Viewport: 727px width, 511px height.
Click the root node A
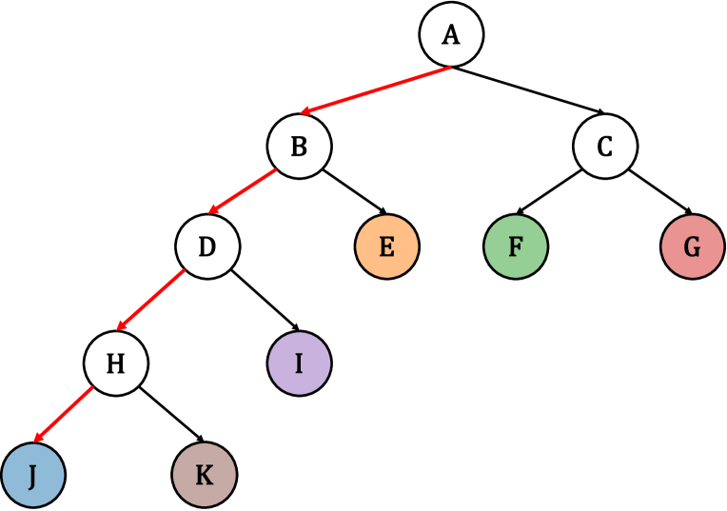pyautogui.click(x=452, y=35)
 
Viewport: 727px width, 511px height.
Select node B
pyautogui.click(x=299, y=147)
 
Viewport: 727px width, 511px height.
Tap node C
pyautogui.click(x=605, y=147)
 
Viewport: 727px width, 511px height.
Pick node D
pyautogui.click(x=207, y=246)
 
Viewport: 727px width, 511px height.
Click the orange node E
pyautogui.click(x=386, y=246)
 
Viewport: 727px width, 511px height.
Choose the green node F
pyautogui.click(x=515, y=246)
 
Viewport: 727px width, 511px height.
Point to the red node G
pyautogui.click(x=692, y=246)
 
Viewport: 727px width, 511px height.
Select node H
pyautogui.click(x=116, y=363)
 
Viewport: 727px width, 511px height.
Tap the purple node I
pyautogui.click(x=299, y=363)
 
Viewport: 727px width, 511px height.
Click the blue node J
pyautogui.click(x=32, y=474)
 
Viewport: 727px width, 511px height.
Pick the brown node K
pyautogui.click(x=204, y=474)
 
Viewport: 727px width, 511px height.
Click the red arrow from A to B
pyautogui.click(x=375, y=91)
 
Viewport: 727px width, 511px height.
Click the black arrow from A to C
pyautogui.click(x=529, y=91)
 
